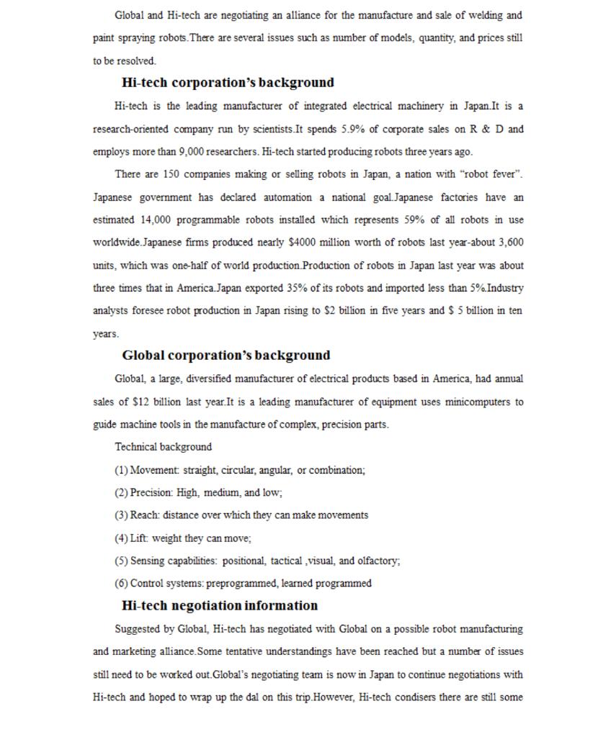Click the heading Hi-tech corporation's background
click(227, 83)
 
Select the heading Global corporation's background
click(226, 356)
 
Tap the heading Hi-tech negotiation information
click(219, 605)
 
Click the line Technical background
click(163, 447)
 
